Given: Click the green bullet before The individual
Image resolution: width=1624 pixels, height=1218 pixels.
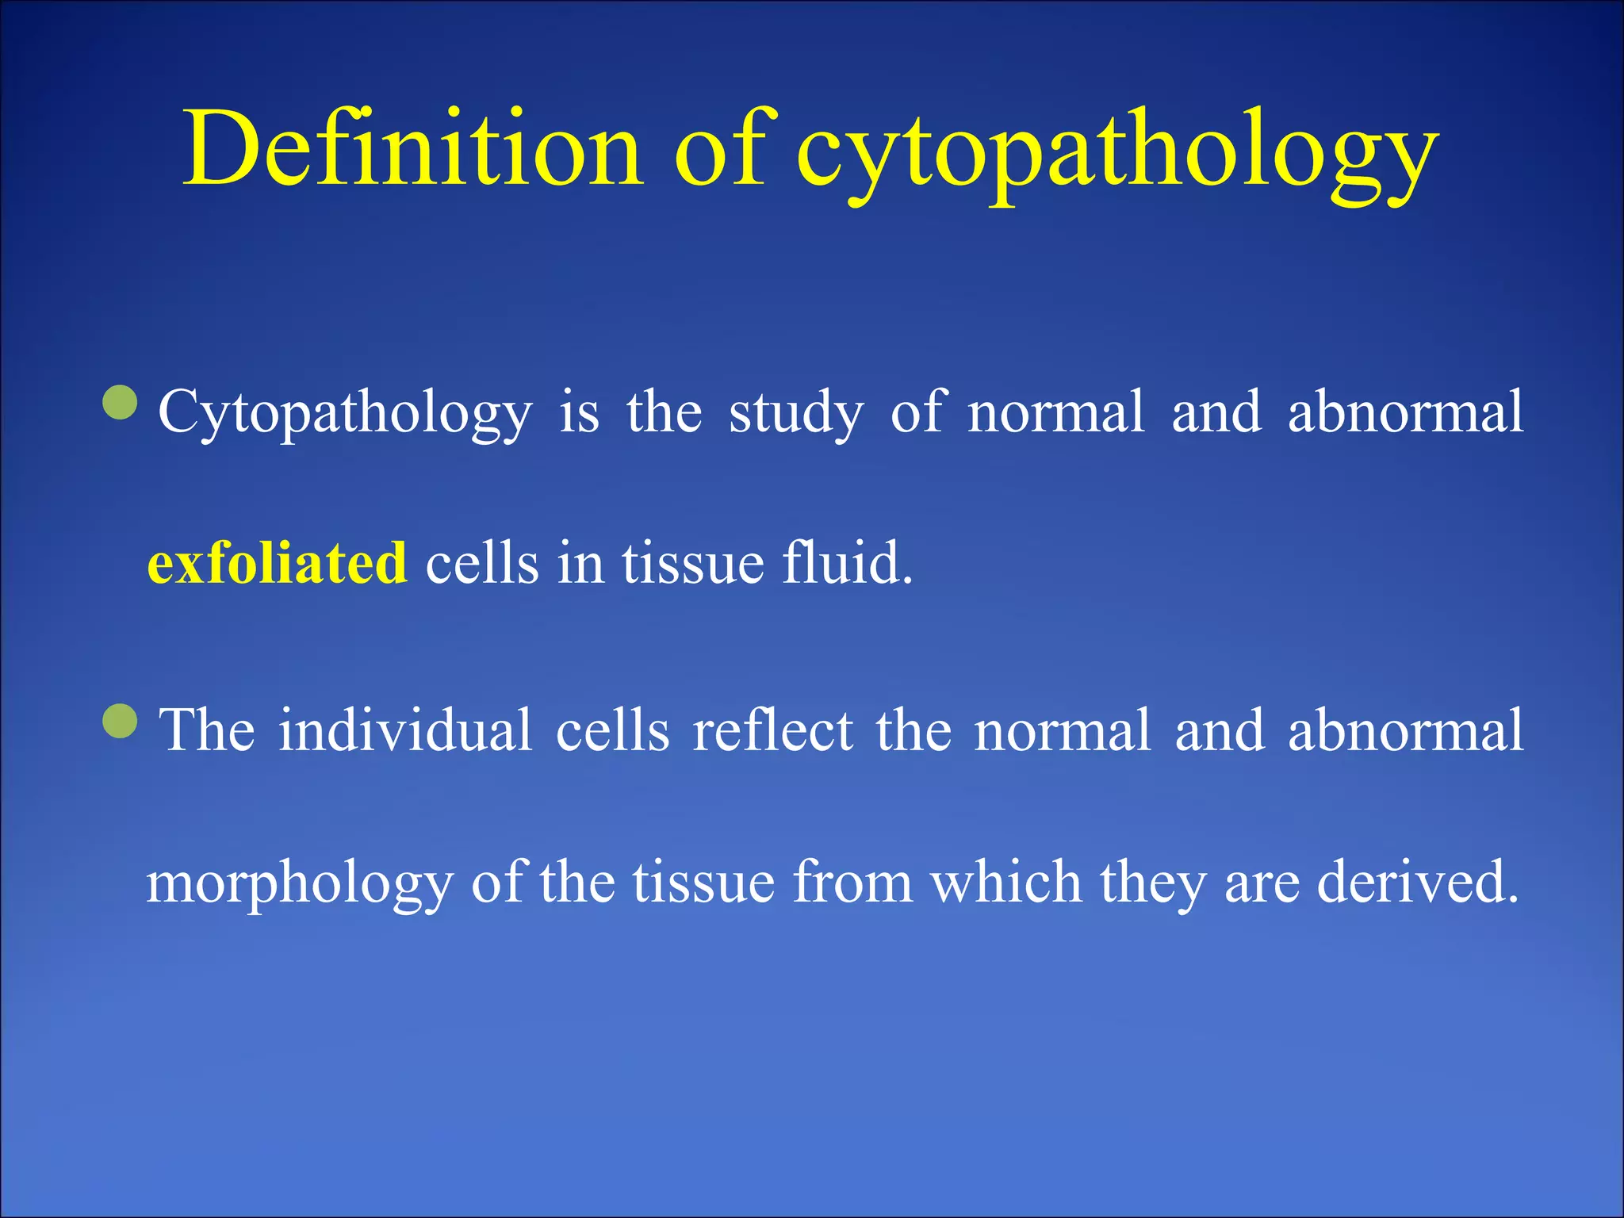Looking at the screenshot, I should pos(121,722).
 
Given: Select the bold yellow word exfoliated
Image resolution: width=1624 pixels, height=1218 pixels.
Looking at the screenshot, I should pos(278,562).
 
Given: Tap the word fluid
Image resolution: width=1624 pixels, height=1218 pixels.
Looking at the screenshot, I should pos(847,562).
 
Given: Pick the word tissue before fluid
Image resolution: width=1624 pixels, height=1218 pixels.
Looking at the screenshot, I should pos(693,562).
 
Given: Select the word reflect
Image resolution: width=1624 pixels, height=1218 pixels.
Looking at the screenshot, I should pos(772,730).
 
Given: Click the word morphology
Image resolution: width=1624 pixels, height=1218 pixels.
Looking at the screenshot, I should pos(300,884).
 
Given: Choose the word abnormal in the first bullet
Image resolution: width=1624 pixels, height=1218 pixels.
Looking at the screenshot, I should pos(1405,412).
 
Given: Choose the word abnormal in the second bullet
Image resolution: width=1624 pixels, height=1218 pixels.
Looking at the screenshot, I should pos(1405,730).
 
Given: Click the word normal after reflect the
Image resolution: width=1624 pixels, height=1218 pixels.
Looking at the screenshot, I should pos(1061,730).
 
